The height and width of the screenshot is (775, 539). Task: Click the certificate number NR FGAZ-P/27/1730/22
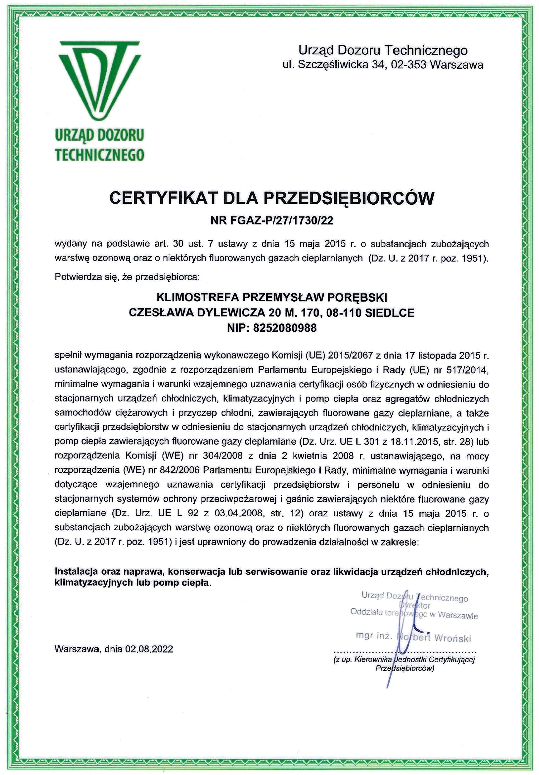(272, 220)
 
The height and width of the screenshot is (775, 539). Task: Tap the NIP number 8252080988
(285, 328)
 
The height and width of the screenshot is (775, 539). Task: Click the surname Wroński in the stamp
(452, 638)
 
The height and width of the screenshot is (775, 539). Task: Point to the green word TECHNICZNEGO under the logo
(99, 155)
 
